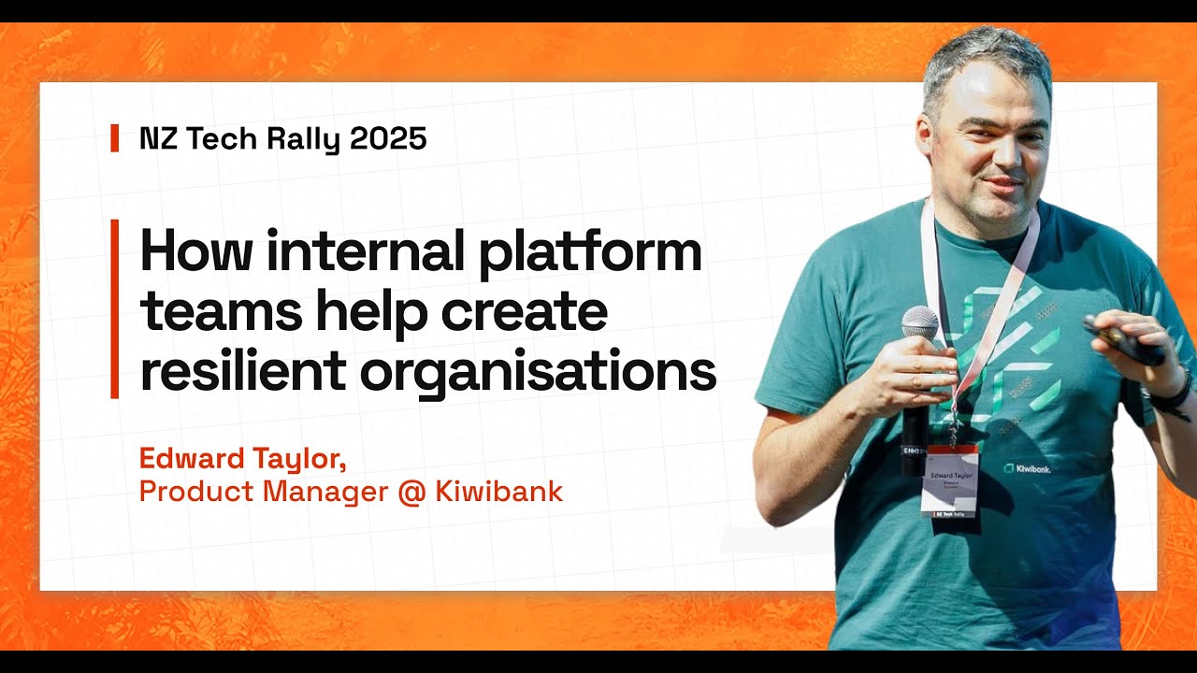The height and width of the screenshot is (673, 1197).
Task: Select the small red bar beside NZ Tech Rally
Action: coord(115,138)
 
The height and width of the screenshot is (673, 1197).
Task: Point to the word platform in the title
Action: coord(590,252)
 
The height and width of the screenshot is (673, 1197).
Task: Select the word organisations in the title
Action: coord(538,372)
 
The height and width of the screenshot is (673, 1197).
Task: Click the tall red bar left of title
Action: coord(115,308)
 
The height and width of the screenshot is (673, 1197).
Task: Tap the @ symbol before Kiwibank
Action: coord(411,491)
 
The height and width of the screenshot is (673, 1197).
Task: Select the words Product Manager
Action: coord(263,491)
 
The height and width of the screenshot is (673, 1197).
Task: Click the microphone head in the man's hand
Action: coord(920,322)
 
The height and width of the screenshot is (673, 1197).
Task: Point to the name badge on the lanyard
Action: coord(949,479)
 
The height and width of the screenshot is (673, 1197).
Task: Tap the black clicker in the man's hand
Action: coord(1122,342)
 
